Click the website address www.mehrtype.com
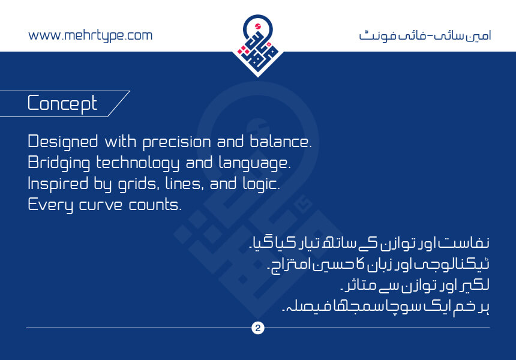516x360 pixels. (x=90, y=36)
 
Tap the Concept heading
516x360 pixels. (x=62, y=104)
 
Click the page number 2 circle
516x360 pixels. (x=257, y=328)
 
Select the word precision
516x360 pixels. (x=177, y=142)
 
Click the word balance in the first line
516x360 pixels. (x=280, y=142)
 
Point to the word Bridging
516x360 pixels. (x=59, y=163)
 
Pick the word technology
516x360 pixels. (x=137, y=163)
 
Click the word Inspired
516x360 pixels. (x=58, y=184)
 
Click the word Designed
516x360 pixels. (x=63, y=142)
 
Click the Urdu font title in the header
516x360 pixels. (x=425, y=35)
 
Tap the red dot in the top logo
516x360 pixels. (x=258, y=26)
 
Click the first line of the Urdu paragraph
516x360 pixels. (x=369, y=243)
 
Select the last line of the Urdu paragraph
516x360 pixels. (x=386, y=307)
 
